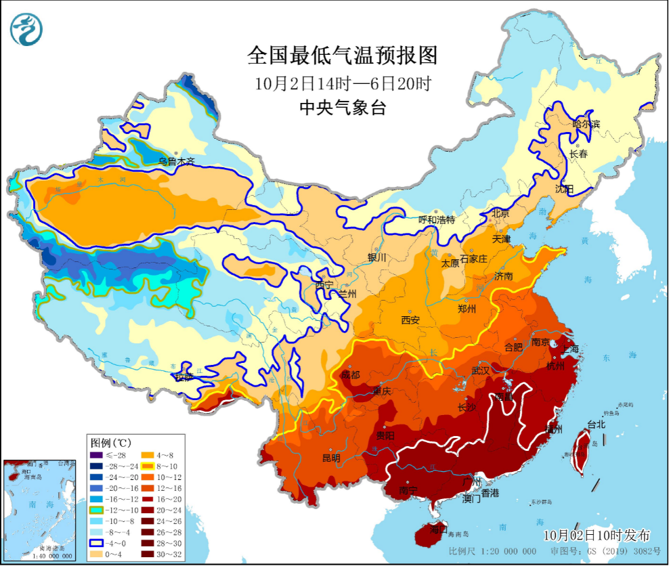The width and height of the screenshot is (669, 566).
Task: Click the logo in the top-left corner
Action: click(26, 28)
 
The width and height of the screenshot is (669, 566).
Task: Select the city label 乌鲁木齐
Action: click(177, 162)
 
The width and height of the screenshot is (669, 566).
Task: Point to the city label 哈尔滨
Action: click(586, 124)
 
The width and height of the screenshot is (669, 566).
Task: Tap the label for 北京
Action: click(500, 214)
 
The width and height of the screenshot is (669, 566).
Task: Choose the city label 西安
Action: click(410, 319)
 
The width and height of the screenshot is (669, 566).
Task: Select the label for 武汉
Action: click(480, 371)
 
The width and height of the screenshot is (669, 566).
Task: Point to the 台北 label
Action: click(597, 424)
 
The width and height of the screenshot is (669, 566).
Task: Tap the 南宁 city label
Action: click(408, 489)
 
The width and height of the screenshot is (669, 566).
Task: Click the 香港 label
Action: click(490, 493)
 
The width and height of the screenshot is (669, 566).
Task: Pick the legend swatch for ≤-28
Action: click(97, 454)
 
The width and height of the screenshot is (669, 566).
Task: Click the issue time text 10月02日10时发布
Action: click(601, 535)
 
